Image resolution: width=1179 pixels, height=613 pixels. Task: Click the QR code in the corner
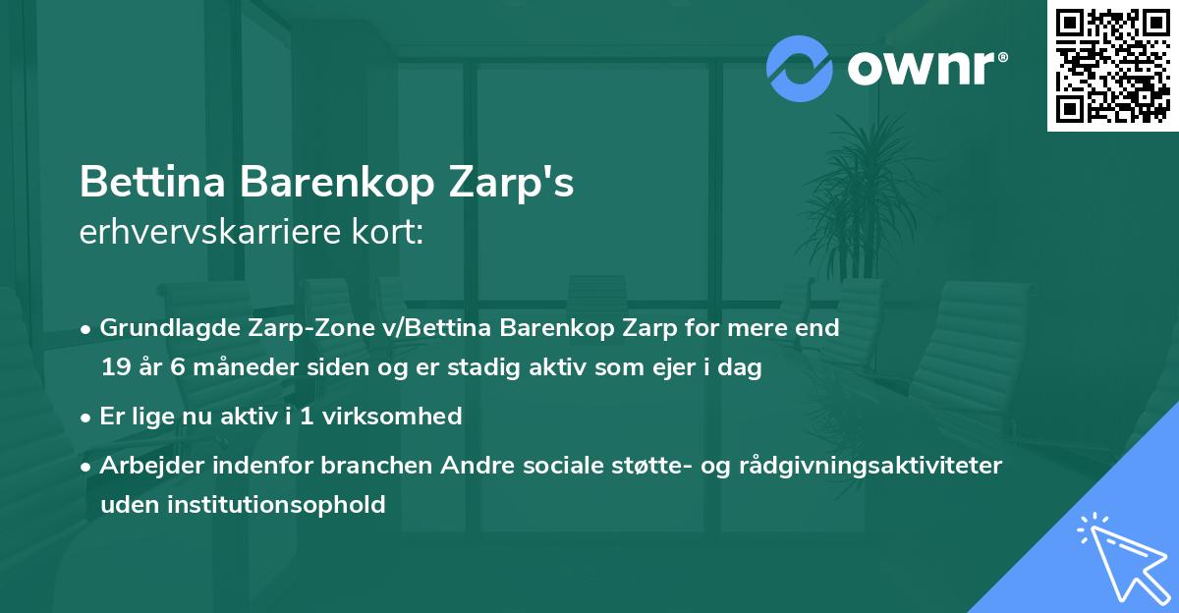[1112, 66]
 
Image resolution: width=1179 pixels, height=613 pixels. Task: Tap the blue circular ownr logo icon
[800, 68]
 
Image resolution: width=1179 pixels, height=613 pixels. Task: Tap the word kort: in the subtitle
[391, 233]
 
